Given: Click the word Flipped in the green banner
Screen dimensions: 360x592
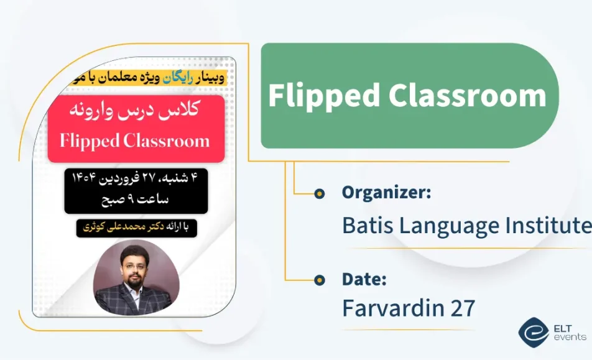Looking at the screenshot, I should (x=323, y=96).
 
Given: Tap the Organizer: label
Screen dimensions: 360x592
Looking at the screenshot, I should (x=386, y=193).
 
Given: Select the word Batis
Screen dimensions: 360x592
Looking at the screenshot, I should (x=367, y=225).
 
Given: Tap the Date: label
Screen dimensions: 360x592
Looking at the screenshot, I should (x=364, y=280).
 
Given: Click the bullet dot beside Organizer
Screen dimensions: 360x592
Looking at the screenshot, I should (x=320, y=193).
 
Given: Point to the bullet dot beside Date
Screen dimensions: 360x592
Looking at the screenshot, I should (x=320, y=280).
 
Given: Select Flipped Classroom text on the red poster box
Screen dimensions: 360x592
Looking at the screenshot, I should (x=135, y=141).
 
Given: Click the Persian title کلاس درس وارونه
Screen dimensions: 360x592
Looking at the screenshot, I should (x=136, y=113).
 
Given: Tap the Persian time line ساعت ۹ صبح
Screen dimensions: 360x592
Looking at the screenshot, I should (x=135, y=200).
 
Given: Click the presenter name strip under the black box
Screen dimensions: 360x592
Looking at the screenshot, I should (x=136, y=228).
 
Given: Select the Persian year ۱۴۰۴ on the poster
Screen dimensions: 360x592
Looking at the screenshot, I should (x=85, y=180).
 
